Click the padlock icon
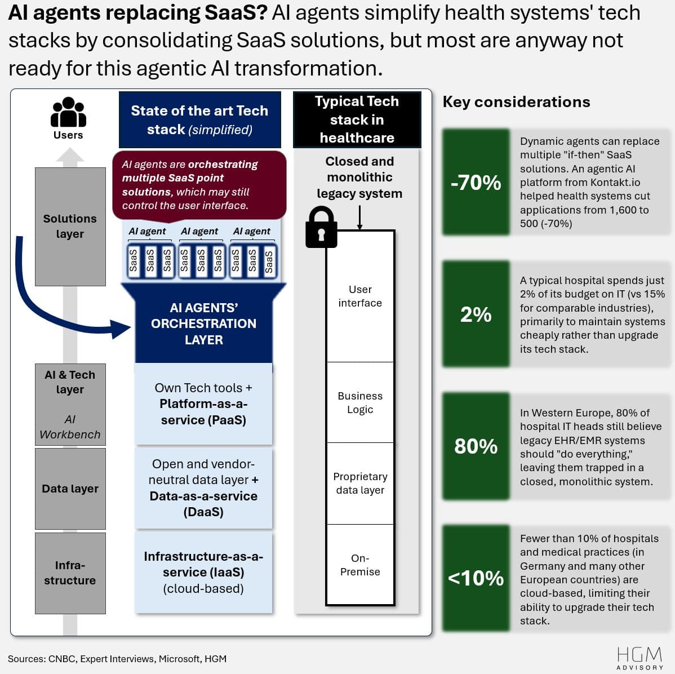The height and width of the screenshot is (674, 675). pos(321,228)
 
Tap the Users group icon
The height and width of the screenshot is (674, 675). pos(68,113)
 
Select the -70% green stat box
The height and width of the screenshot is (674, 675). pos(476,182)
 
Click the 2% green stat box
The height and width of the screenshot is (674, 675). pos(476,314)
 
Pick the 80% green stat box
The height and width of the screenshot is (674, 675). pos(476,446)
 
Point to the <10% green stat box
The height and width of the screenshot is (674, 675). pos(476,578)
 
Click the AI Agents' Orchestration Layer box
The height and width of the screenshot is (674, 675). pos(203,323)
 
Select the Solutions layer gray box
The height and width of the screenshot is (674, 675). pos(70,226)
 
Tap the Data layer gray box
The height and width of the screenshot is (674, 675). pos(70,489)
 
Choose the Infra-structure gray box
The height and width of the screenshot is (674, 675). pos(70,573)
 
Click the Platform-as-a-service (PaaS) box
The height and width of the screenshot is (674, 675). pos(203,403)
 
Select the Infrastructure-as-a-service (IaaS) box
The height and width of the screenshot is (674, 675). pos(203,572)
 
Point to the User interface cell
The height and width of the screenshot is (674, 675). pos(360,296)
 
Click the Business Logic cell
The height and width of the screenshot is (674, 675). pos(360,402)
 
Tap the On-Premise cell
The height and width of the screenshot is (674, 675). pos(360,565)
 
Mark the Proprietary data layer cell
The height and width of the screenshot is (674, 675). pos(360,483)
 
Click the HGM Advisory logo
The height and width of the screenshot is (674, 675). pos(640,658)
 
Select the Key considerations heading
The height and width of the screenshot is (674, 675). pos(516,102)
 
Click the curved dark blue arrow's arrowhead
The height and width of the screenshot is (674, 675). pos(122,329)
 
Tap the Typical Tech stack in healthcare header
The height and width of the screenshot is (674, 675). pos(357,119)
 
